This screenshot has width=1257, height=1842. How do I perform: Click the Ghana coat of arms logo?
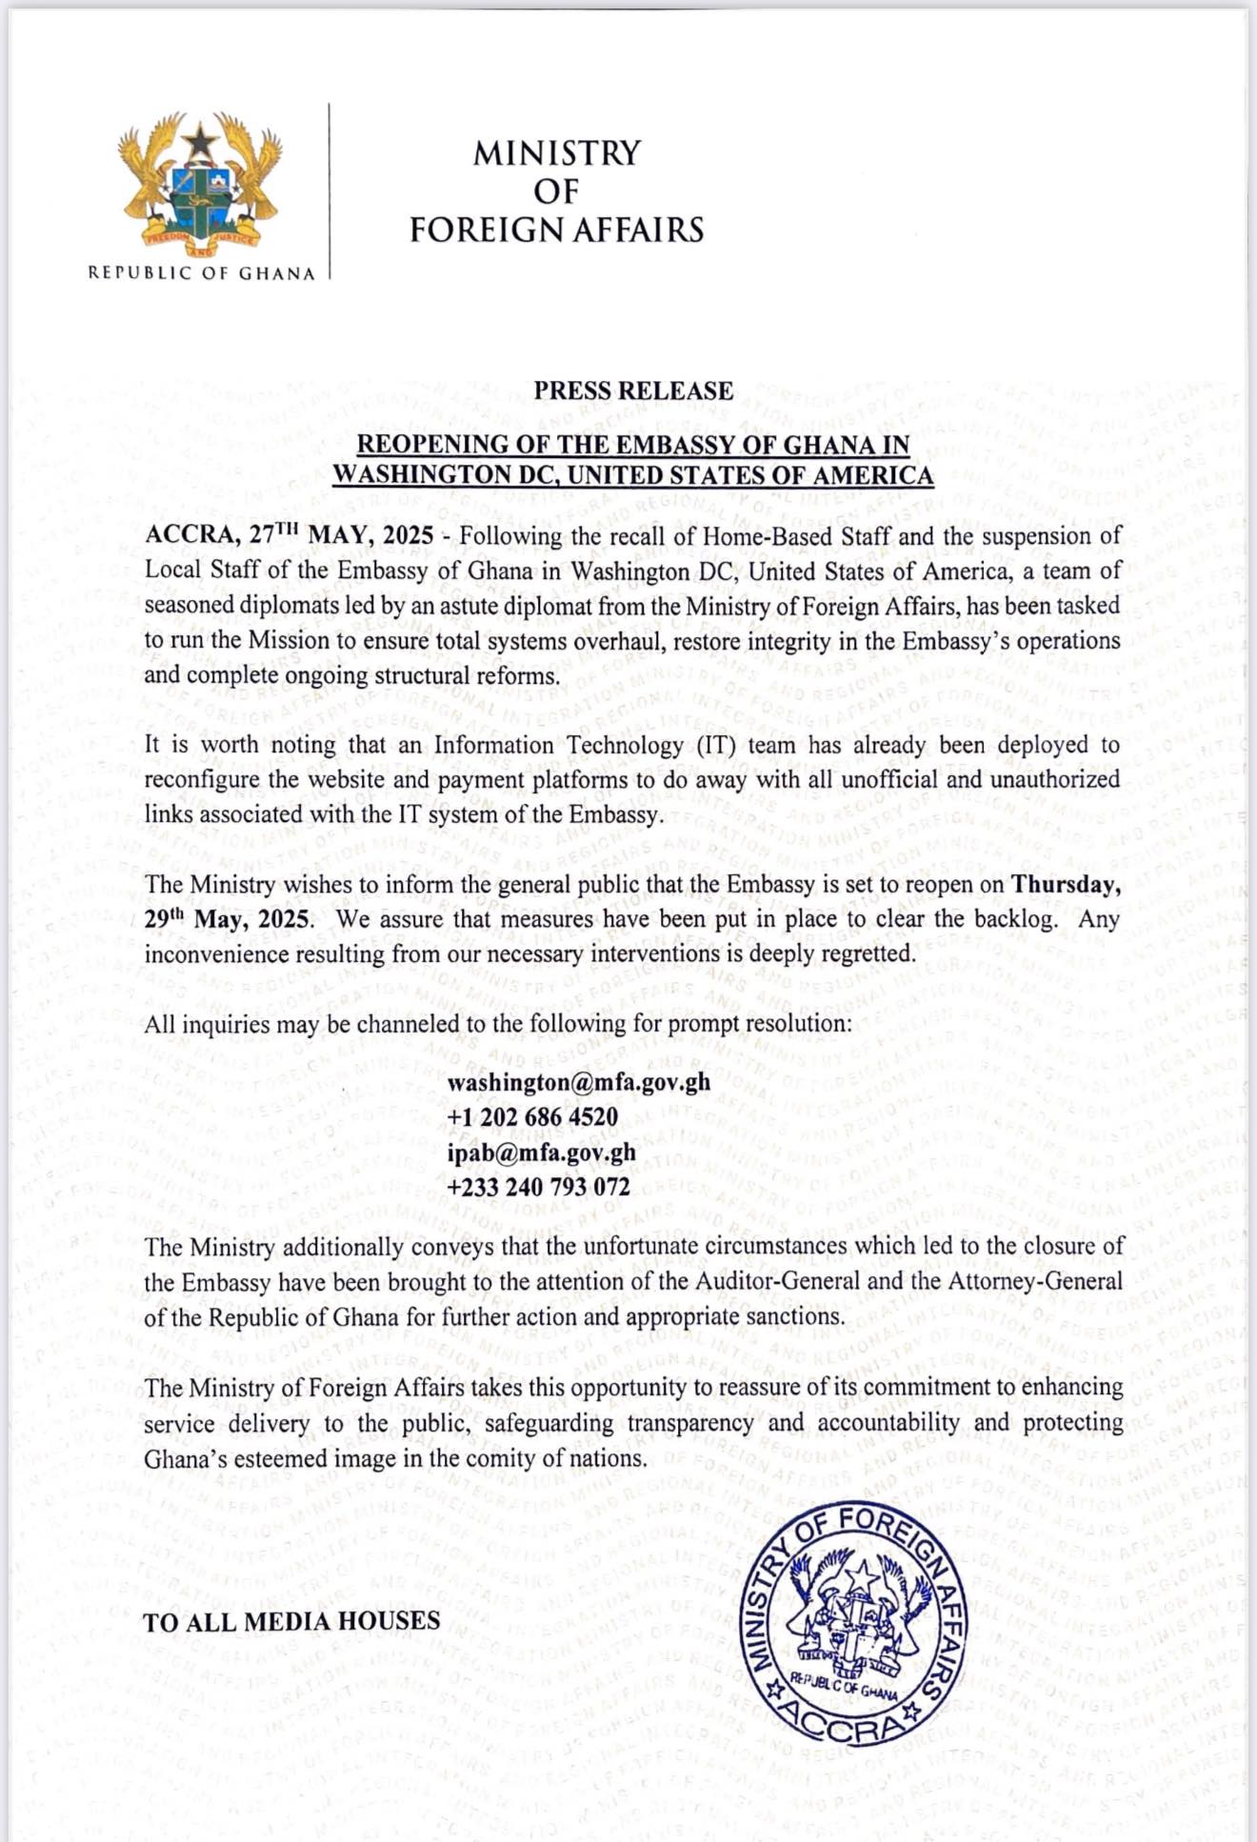tap(200, 186)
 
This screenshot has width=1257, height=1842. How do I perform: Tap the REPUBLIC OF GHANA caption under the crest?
tap(201, 273)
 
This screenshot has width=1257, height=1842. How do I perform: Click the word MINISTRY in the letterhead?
tap(557, 153)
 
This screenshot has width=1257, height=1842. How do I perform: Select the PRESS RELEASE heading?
tap(633, 390)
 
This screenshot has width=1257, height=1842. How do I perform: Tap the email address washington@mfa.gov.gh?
tap(579, 1082)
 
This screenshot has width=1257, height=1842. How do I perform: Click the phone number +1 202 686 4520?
tap(532, 1116)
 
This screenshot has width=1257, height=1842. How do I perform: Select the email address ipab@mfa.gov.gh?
tap(541, 1151)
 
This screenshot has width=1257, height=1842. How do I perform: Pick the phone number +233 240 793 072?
tap(538, 1187)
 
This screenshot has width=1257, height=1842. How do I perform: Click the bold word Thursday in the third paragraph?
tap(1065, 885)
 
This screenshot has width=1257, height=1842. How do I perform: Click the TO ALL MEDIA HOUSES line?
tap(291, 1622)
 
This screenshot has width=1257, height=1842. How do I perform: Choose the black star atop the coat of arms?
tap(200, 143)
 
